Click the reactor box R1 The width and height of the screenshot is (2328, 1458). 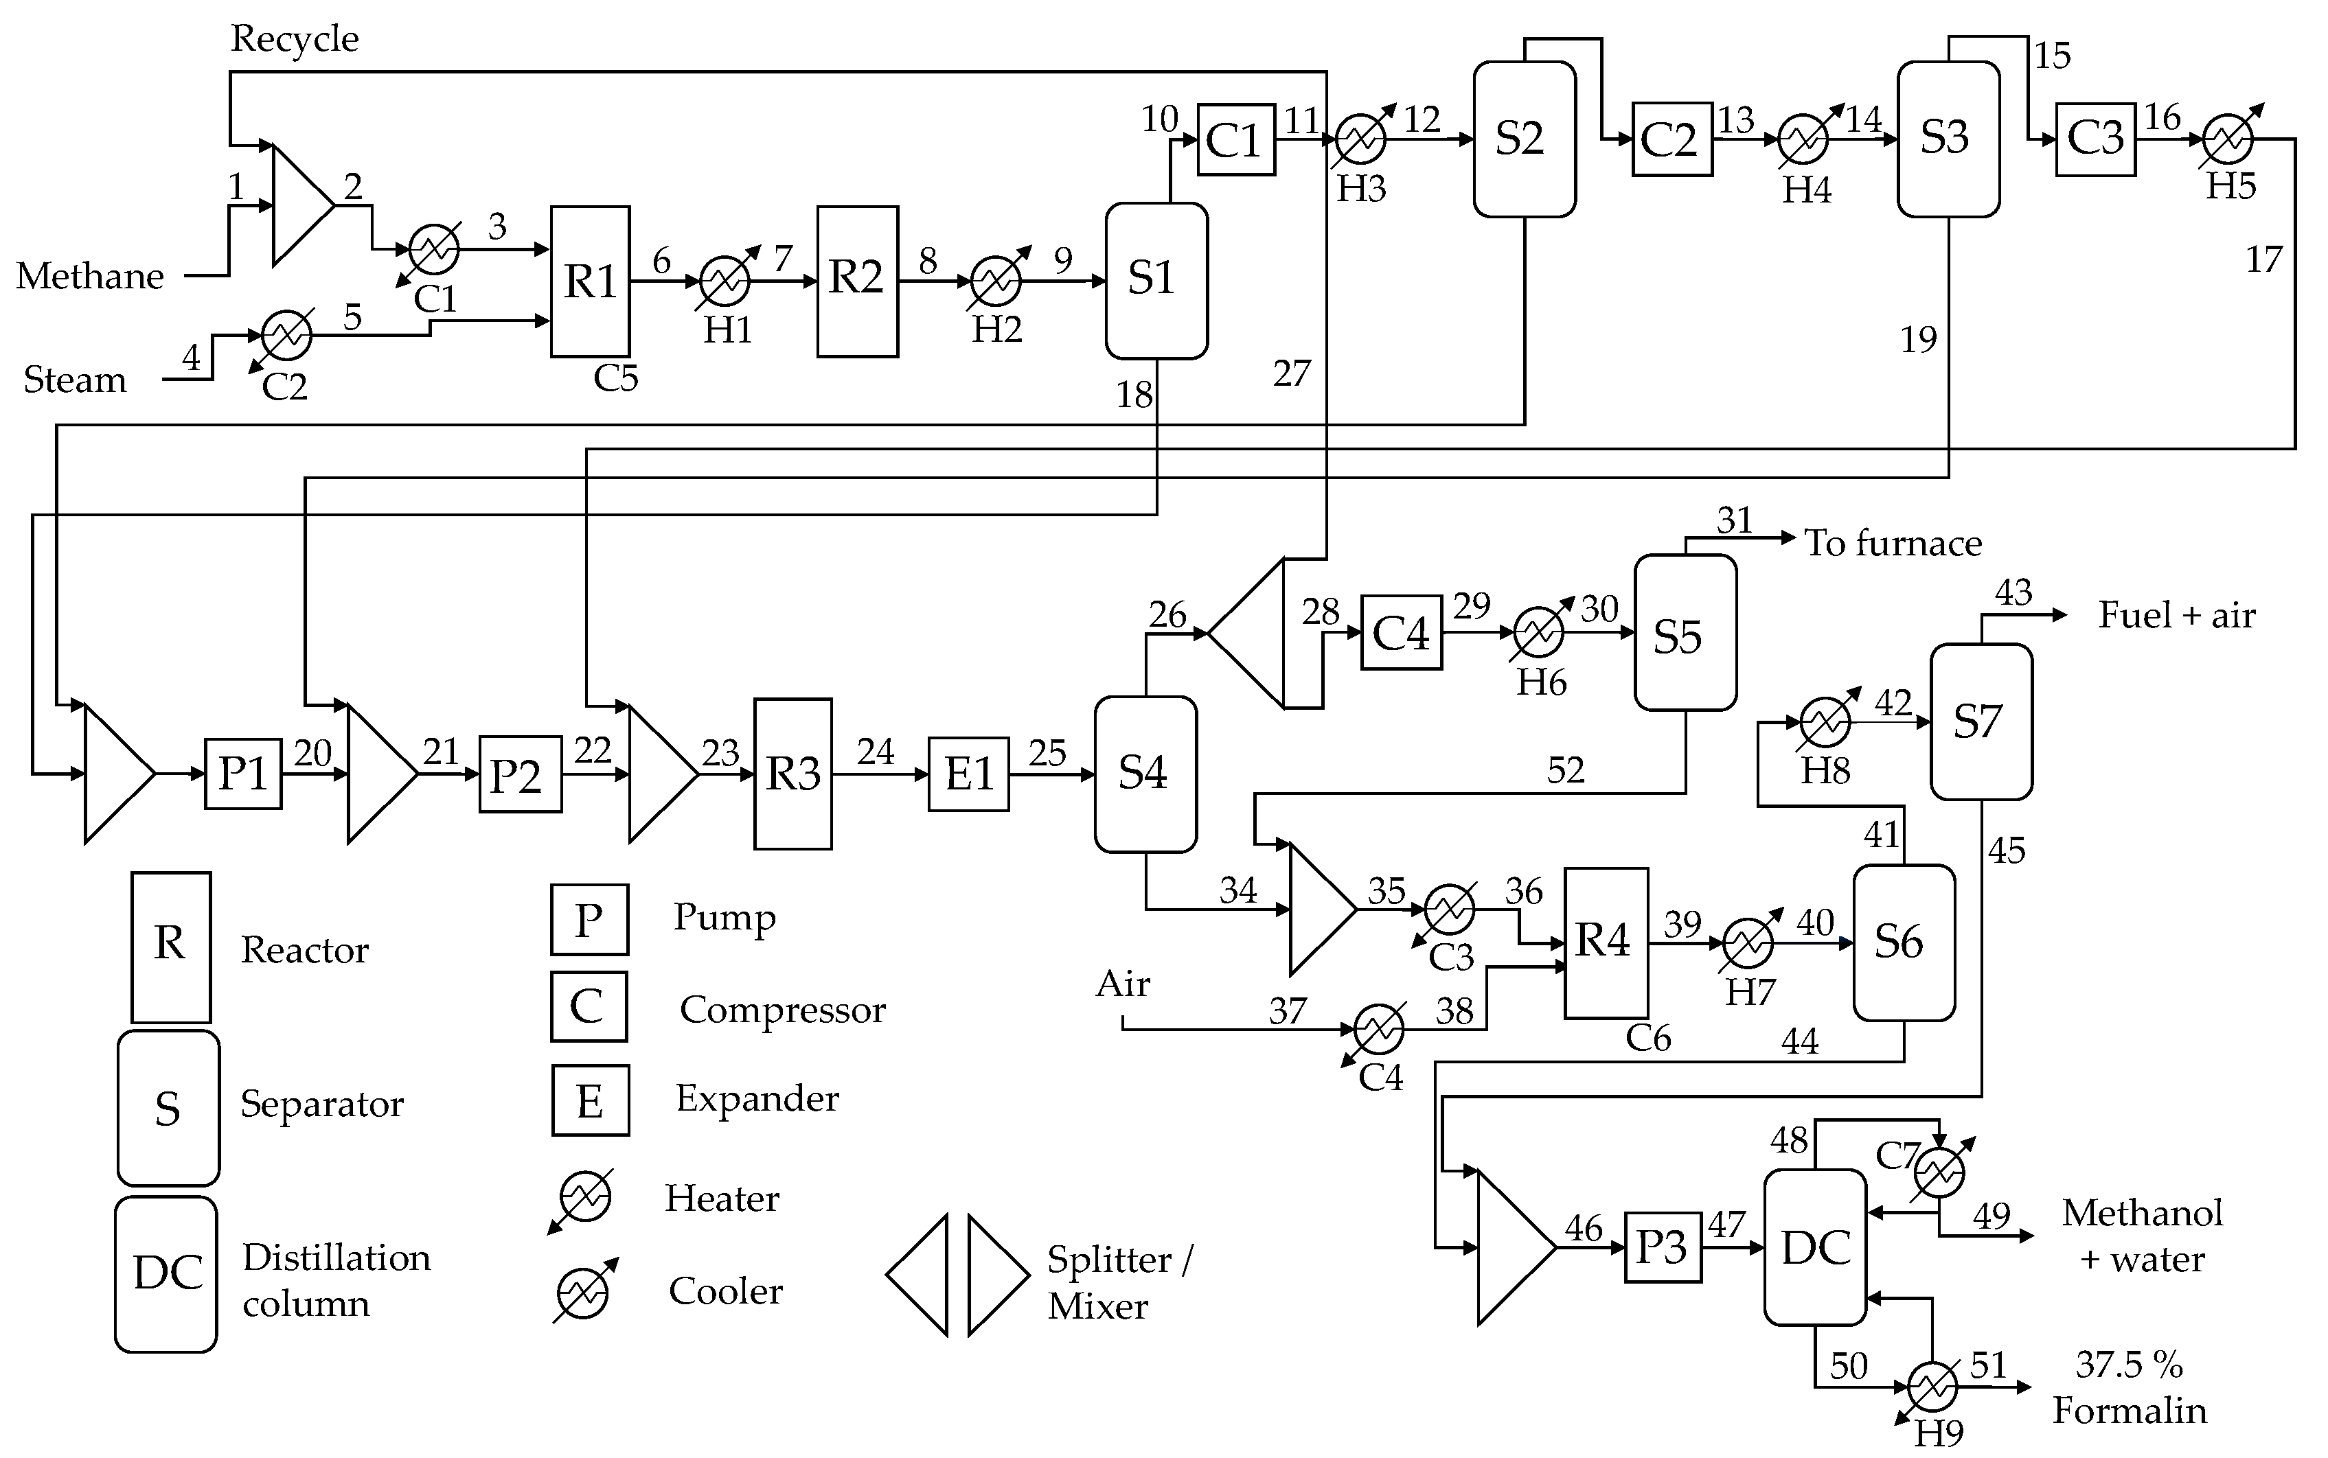pos(589,281)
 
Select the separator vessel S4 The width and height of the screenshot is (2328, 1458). pos(1145,774)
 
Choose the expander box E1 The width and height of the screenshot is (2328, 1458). pos(968,774)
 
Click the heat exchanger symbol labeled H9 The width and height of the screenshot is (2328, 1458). pos(1932,1387)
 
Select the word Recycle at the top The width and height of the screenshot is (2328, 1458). pos(294,38)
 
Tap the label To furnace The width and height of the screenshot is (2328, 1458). pos(1892,543)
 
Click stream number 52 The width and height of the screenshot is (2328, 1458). pos(1565,769)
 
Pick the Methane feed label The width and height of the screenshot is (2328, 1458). pos(90,277)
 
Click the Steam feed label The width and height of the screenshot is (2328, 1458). pos(74,380)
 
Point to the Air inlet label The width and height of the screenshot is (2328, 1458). pos(1123,984)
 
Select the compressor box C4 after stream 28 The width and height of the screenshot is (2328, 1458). pos(1400,633)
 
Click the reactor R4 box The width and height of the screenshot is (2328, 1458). pos(1605,942)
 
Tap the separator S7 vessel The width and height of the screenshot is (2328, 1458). pos(1980,721)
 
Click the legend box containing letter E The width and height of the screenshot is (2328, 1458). pos(589,1099)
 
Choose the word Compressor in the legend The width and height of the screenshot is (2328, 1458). pos(782,1010)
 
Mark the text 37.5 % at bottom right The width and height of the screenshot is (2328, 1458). pos(2128,1365)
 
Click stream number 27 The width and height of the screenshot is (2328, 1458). pos(1291,373)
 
